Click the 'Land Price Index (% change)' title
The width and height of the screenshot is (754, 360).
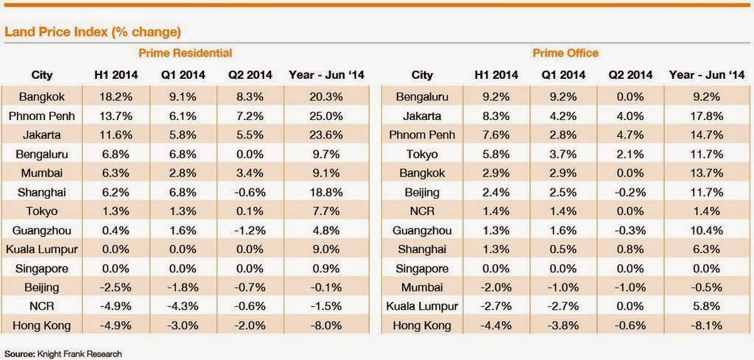93,32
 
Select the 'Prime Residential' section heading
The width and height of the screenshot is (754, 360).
186,53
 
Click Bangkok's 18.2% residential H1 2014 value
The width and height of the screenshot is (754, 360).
115,96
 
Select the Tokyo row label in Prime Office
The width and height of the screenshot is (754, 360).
423,154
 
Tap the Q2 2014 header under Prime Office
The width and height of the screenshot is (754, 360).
630,74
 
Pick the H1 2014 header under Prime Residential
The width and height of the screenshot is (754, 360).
115,74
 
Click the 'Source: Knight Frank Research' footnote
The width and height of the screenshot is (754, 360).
63,353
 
